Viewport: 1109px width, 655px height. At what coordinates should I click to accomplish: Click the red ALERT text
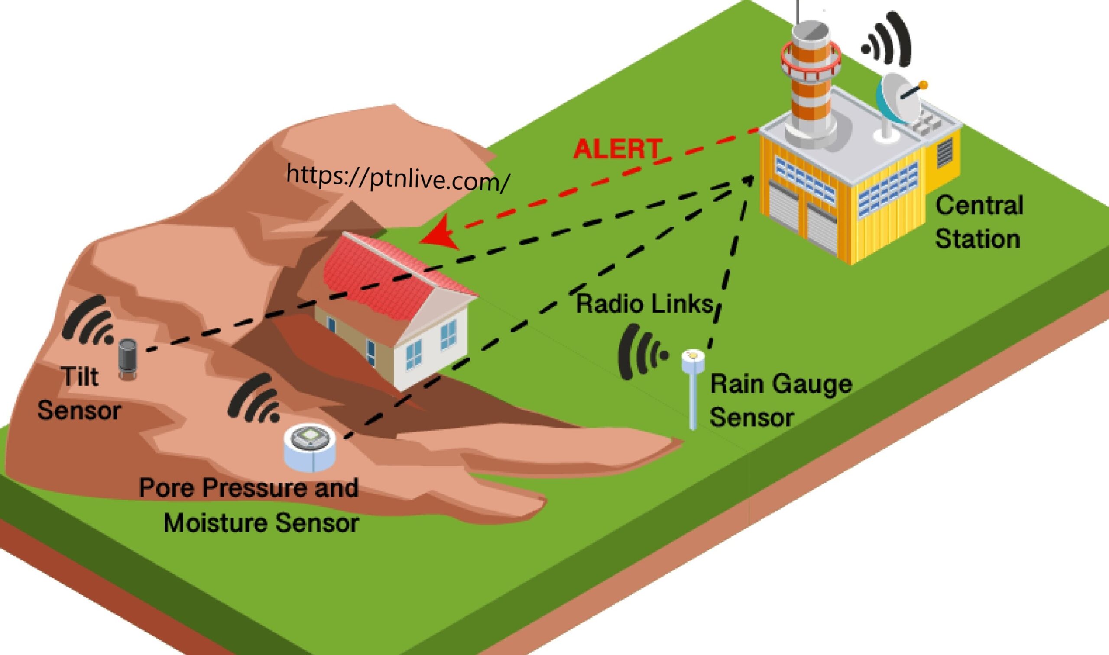coord(617,149)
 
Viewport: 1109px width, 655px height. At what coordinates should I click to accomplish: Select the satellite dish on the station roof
coord(898,99)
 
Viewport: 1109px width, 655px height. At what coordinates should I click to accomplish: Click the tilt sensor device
coord(128,358)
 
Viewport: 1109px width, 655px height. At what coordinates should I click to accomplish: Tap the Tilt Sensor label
coord(80,393)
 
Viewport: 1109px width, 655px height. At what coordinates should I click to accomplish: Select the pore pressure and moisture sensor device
coord(310,448)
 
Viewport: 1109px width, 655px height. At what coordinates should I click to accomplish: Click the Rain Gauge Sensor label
coord(779,400)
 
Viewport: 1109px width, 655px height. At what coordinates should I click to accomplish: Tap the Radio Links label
coord(645,303)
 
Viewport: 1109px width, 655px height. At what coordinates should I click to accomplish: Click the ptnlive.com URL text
coord(398,177)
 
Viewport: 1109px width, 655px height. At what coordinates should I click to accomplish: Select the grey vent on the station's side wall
coord(944,152)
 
